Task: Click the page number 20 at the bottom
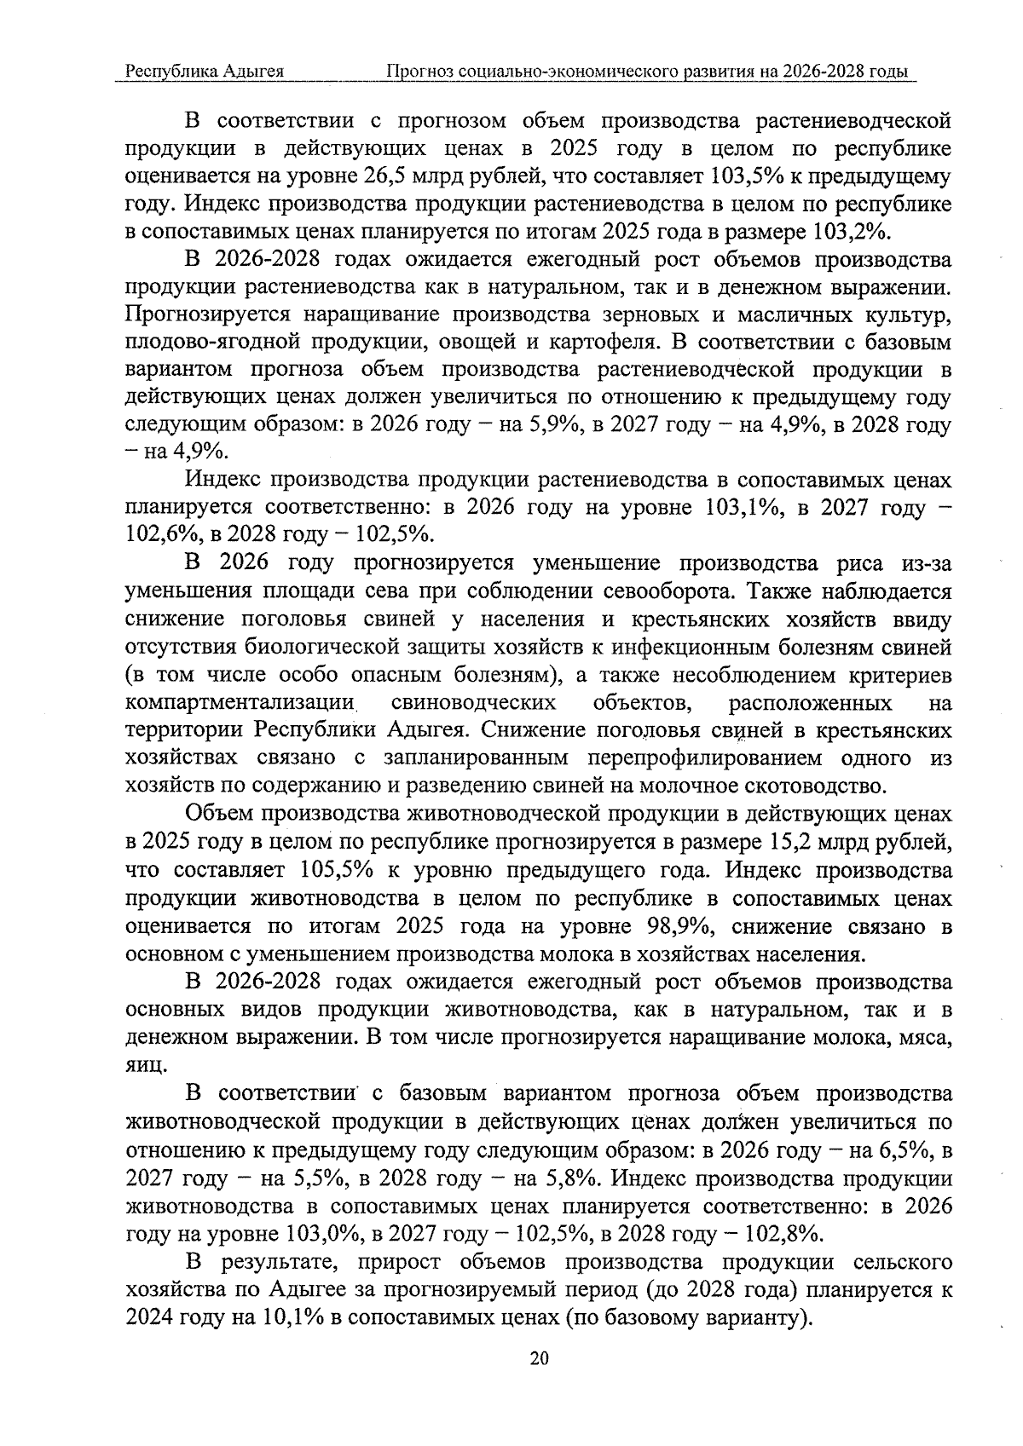(x=538, y=1358)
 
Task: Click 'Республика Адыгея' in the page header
(x=205, y=72)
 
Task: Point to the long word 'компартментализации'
(x=240, y=703)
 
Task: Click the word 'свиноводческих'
(x=474, y=703)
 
